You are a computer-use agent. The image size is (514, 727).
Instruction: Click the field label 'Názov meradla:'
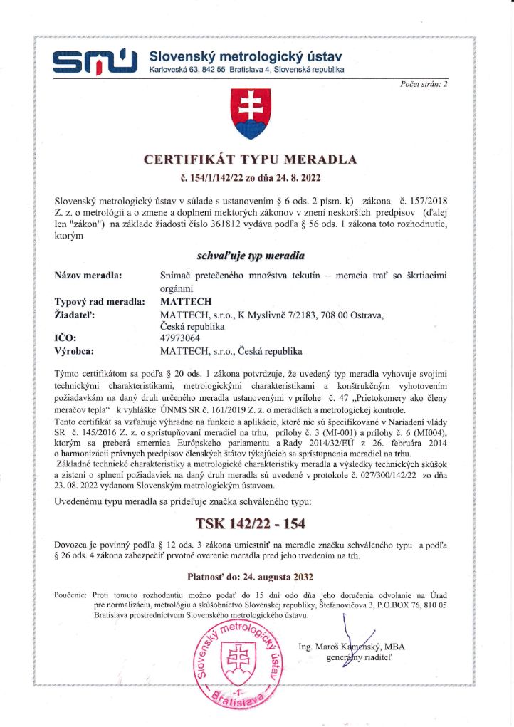pyautogui.click(x=88, y=275)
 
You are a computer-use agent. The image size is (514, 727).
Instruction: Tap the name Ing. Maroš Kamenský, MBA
pyautogui.click(x=352, y=647)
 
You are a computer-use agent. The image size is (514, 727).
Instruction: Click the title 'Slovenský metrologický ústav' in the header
pyautogui.click(x=246, y=56)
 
